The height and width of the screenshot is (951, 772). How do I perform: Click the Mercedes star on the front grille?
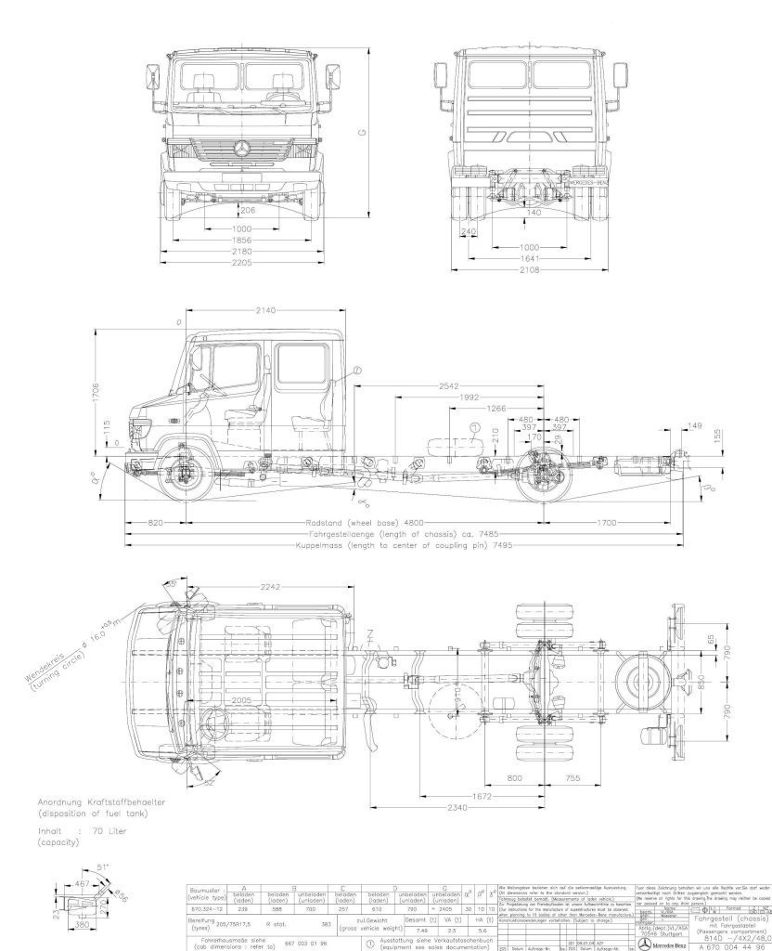tap(242, 149)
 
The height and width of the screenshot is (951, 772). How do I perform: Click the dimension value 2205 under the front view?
tap(242, 262)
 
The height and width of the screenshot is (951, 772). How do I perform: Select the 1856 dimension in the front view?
tap(242, 240)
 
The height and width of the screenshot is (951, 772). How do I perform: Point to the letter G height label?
tap(364, 132)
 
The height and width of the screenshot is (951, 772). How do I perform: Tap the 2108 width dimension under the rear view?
tap(530, 269)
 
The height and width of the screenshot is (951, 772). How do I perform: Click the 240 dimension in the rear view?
tap(469, 232)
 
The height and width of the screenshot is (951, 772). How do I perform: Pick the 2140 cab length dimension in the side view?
tap(265, 310)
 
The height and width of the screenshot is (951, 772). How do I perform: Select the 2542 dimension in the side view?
tap(452, 384)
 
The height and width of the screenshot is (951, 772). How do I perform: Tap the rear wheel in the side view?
tap(542, 470)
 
